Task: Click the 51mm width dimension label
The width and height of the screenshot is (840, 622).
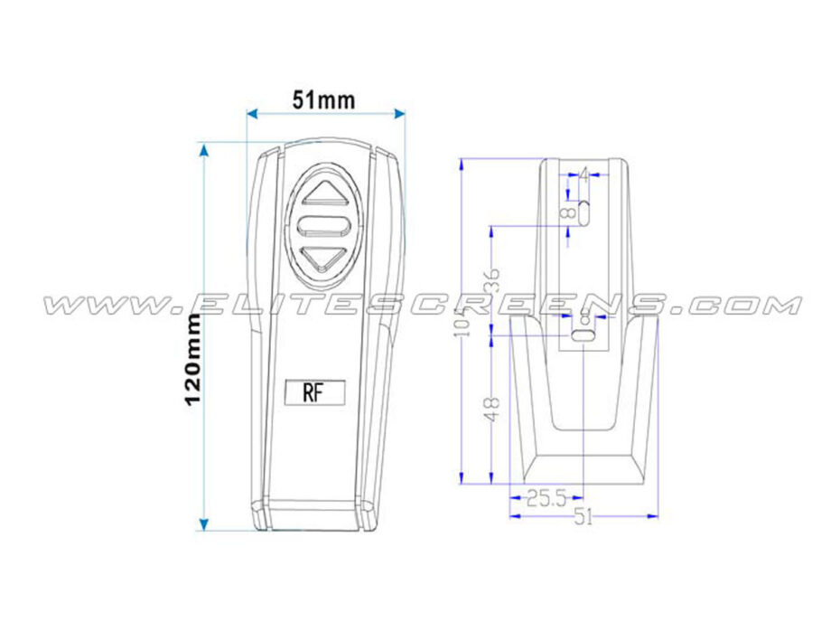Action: pyautogui.click(x=323, y=100)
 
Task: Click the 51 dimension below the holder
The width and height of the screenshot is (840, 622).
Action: pyautogui.click(x=584, y=517)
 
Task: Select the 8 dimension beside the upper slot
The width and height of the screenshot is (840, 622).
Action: pyautogui.click(x=568, y=213)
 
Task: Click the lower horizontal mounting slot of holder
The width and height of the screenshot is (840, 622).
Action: pyautogui.click(x=584, y=336)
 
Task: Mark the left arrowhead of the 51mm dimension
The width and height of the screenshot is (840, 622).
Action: pyautogui.click(x=251, y=113)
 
